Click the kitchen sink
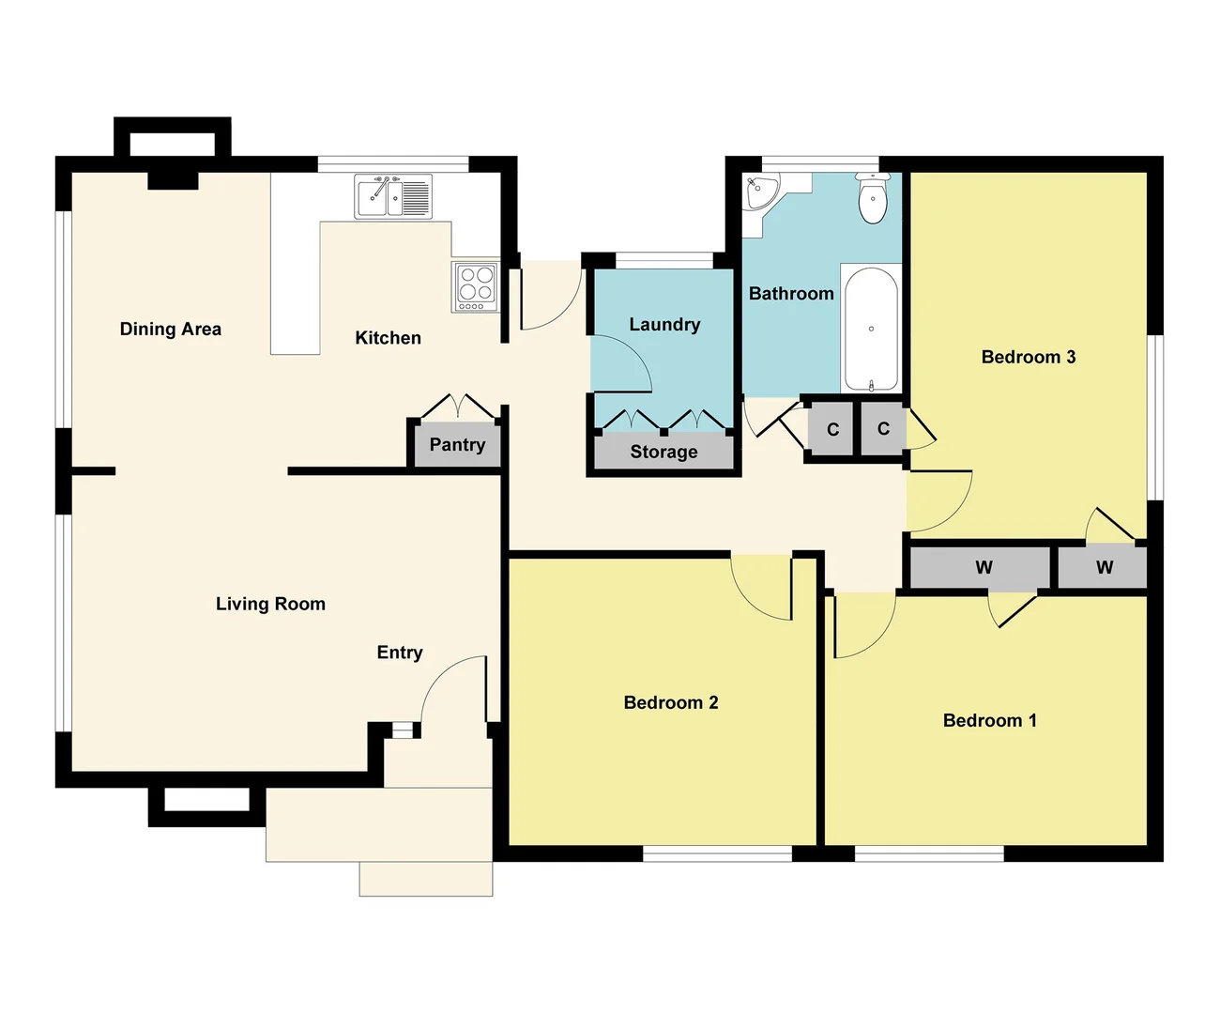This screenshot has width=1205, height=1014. [393, 197]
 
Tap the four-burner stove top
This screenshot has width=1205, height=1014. [477, 286]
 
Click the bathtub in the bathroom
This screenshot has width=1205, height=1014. [871, 329]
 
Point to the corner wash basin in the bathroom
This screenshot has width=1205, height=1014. [760, 192]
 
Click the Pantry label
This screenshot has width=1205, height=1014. [457, 445]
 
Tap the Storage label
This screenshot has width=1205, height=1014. [664, 452]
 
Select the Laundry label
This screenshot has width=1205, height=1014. [664, 325]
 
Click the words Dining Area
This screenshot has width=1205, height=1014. [171, 330]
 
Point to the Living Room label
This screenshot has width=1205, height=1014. [270, 605]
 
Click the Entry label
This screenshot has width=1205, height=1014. [400, 653]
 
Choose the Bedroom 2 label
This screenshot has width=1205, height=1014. [671, 703]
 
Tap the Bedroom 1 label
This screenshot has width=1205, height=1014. [990, 721]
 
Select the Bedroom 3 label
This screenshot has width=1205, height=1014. [1029, 358]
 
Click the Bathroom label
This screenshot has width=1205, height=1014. [791, 294]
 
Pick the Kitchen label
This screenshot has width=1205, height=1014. [388, 338]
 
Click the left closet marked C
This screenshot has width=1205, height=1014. [832, 430]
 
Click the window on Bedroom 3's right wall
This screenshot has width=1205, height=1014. [1157, 417]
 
